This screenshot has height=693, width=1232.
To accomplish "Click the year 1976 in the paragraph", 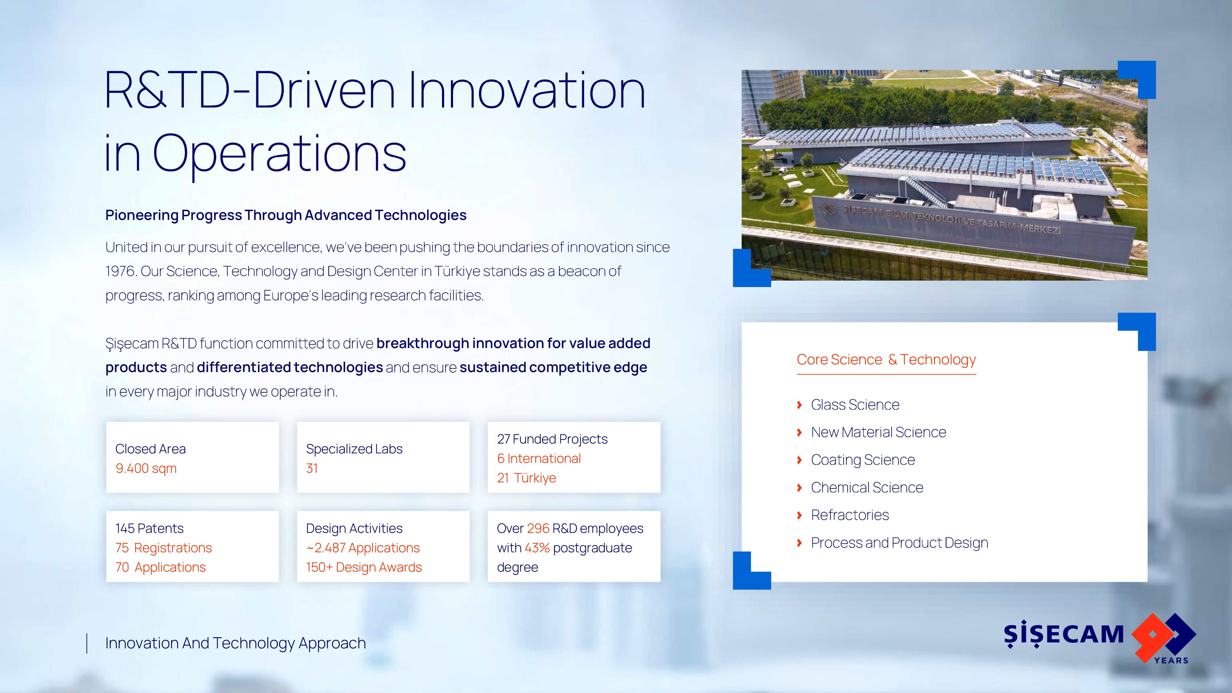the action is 120,271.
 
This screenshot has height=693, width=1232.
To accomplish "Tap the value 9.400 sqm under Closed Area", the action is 146,468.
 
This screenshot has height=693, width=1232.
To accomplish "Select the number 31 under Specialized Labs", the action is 312,468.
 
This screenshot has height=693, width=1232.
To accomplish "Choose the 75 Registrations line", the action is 164,548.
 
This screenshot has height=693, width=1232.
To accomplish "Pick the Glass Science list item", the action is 855,405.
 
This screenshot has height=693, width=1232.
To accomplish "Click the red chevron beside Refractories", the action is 799,515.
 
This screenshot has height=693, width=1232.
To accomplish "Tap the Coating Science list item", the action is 863,460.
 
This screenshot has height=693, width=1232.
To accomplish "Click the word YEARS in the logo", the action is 1171,660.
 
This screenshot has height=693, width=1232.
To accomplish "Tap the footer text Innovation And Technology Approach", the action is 235,643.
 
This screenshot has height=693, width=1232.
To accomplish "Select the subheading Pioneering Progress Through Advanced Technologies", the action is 286,215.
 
